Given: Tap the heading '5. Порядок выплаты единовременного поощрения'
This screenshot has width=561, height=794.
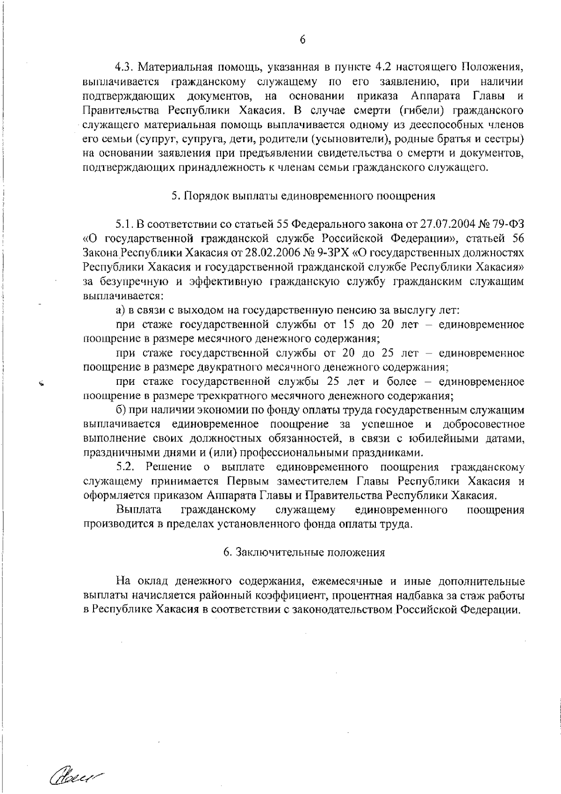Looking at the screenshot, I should point(303,196).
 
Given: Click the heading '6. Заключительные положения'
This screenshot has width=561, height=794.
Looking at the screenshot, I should point(304,552).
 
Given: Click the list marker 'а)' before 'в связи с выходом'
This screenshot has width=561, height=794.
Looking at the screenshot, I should point(121,310).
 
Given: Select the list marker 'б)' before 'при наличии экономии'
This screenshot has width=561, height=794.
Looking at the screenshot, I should point(121,410).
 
